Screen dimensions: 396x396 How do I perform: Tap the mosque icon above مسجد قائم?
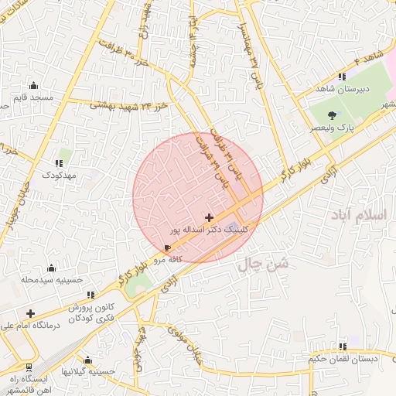pyautogui.click(x=33, y=86)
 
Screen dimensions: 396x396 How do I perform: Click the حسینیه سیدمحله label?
pyautogui.click(x=51, y=279)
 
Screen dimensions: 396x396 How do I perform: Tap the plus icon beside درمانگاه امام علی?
pyautogui.click(x=30, y=313)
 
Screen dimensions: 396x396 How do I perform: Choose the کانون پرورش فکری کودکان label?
pyautogui.click(x=97, y=312)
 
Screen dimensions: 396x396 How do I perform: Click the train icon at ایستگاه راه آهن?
pyautogui.click(x=29, y=367)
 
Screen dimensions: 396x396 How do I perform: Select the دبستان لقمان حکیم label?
pyautogui.click(x=341, y=359)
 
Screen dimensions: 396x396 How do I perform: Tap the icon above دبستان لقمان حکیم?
pyautogui.click(x=341, y=346)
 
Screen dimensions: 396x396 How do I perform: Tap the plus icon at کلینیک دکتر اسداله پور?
pyautogui.click(x=209, y=219)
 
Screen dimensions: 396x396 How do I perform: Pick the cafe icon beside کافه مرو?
pyautogui.click(x=168, y=247)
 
